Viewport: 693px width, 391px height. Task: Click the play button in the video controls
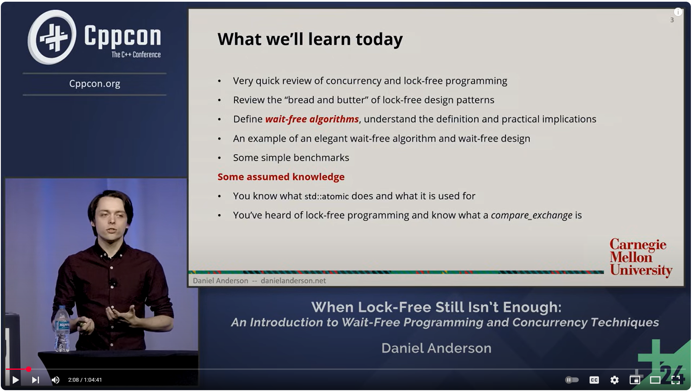[x=15, y=380]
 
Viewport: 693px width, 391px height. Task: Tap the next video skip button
[x=36, y=380]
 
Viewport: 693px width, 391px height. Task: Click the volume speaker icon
[x=56, y=380]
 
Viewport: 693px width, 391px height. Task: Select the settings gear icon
[x=615, y=380]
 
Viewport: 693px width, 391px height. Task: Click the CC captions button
[x=594, y=380]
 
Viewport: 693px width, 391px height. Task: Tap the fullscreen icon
[x=676, y=380]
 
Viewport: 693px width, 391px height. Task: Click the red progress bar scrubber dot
[x=28, y=369]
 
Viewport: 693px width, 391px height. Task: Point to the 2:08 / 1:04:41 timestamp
[x=85, y=380]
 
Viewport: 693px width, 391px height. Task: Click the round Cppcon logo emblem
[x=52, y=37]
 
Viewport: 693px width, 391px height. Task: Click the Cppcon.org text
[x=95, y=84]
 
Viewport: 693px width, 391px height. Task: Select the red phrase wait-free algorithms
[x=312, y=119]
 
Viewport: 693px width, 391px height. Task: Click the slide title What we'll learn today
[x=310, y=39]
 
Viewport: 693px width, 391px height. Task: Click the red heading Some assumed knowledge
[x=281, y=177]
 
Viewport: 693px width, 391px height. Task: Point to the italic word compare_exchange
[x=532, y=215]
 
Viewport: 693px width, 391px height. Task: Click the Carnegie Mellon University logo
[x=640, y=257]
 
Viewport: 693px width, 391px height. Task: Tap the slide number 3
[x=672, y=20]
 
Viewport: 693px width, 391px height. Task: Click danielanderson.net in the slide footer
[x=293, y=281]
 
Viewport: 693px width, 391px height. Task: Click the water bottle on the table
[x=62, y=329]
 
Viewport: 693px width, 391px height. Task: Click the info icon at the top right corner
[x=678, y=12]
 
